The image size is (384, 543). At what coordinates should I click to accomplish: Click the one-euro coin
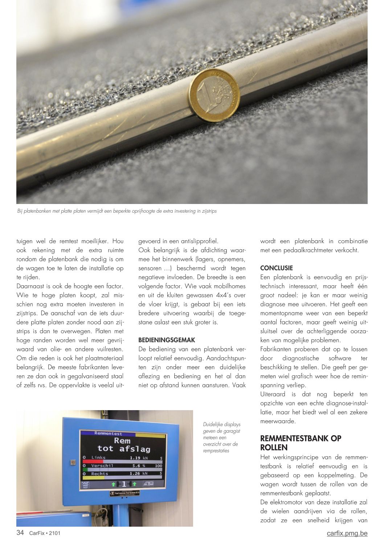point(214,95)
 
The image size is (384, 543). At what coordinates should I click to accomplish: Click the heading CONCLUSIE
point(276,268)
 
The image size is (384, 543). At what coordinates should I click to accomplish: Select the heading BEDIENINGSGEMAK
point(167,340)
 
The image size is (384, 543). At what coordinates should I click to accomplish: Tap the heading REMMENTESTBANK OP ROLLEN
point(301,443)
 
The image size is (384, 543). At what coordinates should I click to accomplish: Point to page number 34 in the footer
point(20,533)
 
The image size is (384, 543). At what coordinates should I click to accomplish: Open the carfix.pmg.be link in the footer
point(347,533)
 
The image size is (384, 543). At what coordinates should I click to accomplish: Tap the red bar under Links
point(93,462)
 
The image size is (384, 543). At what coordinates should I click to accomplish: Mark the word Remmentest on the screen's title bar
point(108,433)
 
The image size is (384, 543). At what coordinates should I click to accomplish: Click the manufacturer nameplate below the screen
point(124,493)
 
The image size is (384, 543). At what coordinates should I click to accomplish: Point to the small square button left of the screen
point(73,463)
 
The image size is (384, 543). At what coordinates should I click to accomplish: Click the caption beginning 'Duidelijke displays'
point(221,437)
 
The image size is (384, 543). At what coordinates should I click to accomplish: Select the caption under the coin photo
point(117,211)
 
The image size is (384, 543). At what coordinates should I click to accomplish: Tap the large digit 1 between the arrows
point(124,484)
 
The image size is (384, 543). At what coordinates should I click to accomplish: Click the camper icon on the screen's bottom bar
point(148,484)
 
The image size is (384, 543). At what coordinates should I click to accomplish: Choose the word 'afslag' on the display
point(135,449)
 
